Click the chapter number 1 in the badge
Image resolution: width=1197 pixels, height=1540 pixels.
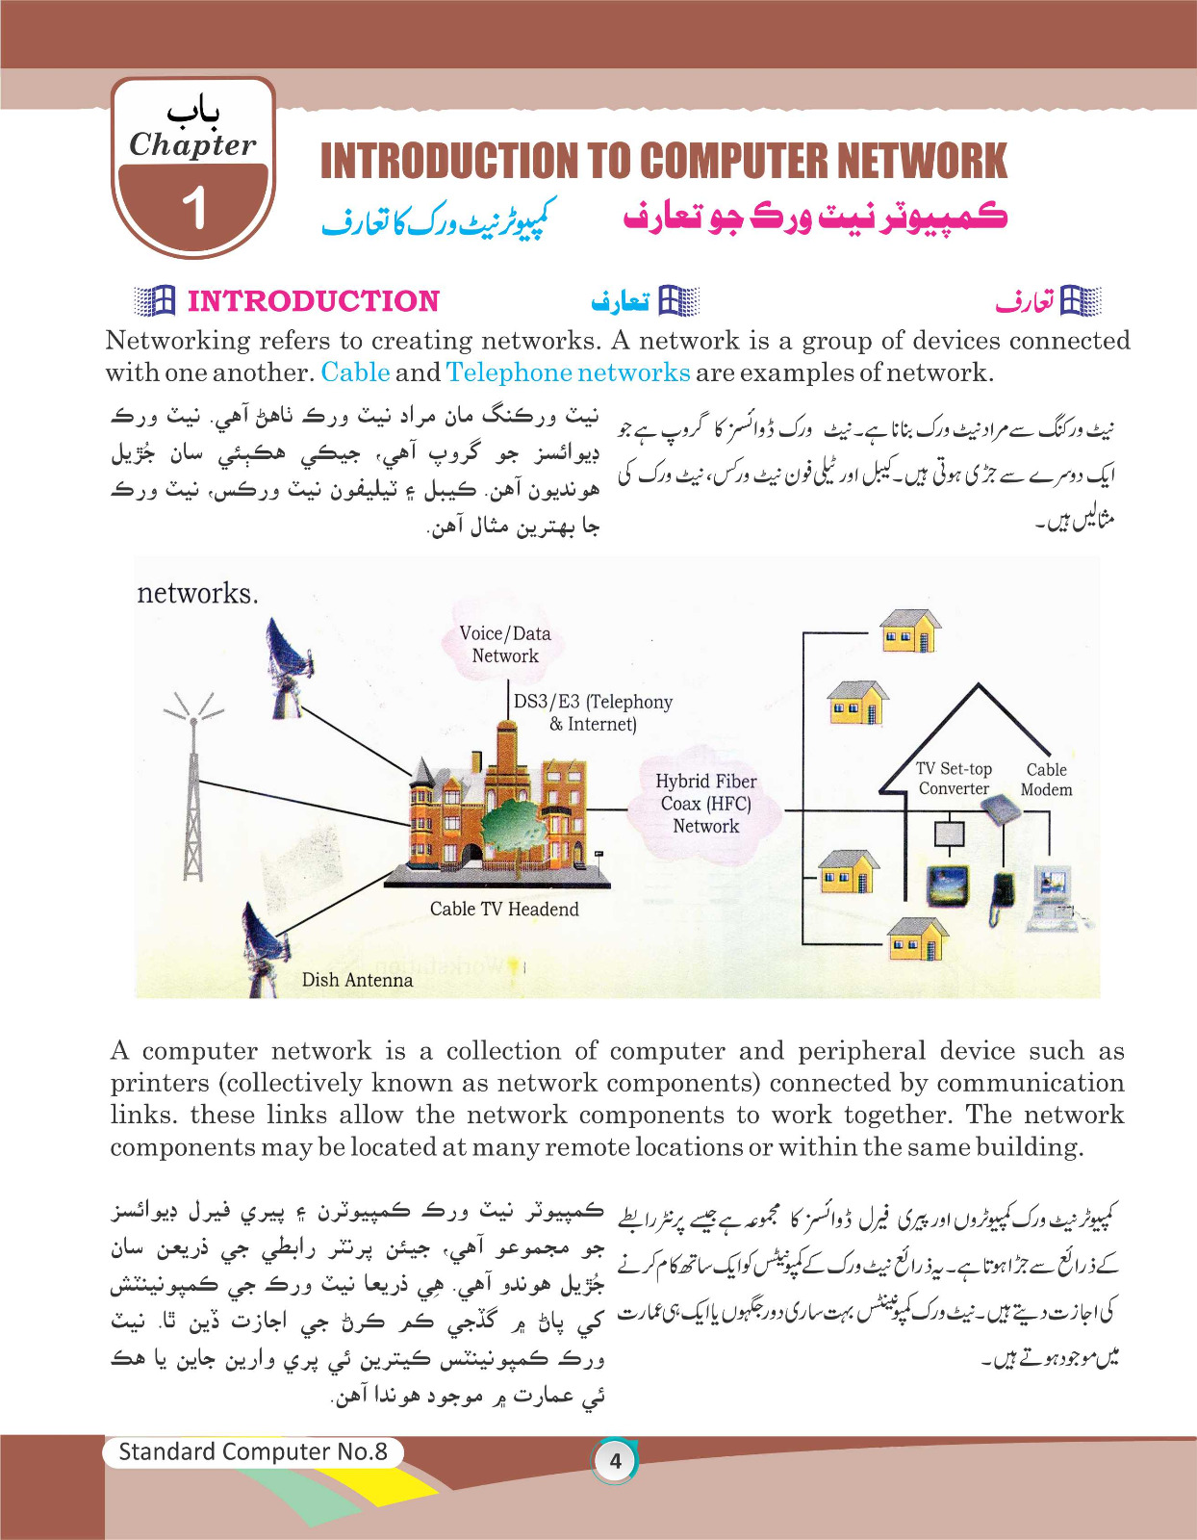(194, 208)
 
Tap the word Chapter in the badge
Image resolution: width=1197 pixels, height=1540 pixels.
(192, 144)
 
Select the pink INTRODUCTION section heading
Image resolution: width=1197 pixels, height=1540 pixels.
(313, 301)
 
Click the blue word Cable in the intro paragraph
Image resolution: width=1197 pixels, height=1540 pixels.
(355, 372)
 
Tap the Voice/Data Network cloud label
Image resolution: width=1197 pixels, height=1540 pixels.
(505, 645)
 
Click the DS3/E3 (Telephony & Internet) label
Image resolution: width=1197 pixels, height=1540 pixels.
(593, 713)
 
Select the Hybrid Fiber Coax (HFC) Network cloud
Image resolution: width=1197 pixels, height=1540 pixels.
(705, 804)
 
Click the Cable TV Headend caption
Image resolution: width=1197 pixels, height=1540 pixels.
(504, 910)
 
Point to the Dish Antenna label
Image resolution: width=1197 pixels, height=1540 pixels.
(357, 980)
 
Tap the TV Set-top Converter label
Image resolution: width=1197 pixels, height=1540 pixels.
(954, 779)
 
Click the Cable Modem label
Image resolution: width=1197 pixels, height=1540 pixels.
(1046, 780)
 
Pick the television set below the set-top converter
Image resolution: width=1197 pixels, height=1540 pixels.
(948, 885)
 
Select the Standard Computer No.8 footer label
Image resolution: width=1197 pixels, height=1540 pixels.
(252, 1452)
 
